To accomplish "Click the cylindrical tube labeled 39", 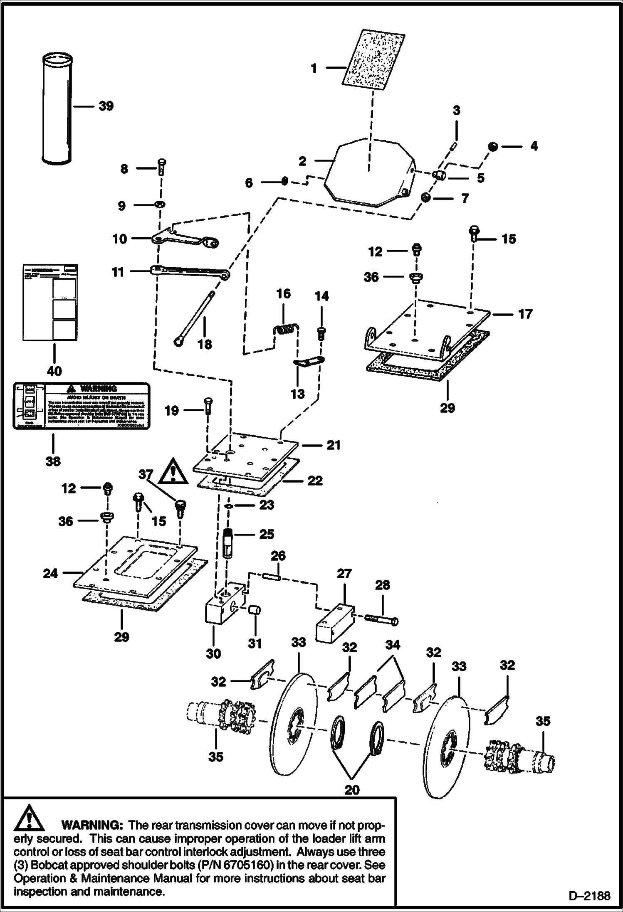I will pyautogui.click(x=57, y=108).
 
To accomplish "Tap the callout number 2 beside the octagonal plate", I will pyautogui.click(x=303, y=161).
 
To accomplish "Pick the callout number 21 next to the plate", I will pyautogui.click(x=334, y=445).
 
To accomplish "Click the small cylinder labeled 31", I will pyautogui.click(x=255, y=611).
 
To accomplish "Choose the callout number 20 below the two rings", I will pyautogui.click(x=352, y=789).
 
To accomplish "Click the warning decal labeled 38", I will pyautogui.click(x=81, y=406).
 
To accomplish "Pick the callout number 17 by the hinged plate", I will pyautogui.click(x=525, y=314).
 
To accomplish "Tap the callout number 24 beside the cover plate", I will pyautogui.click(x=50, y=574).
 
